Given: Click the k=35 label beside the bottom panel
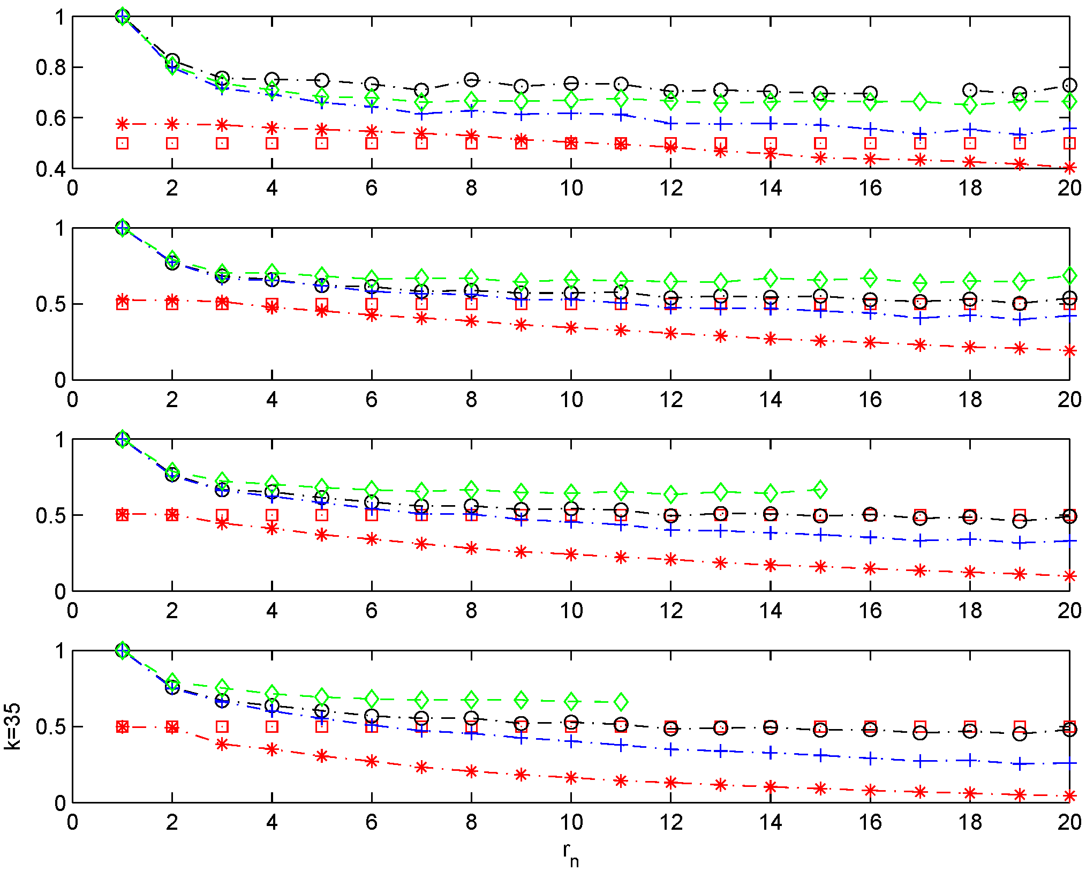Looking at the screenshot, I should coord(12,726).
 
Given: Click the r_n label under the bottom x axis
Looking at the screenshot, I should coord(571,852).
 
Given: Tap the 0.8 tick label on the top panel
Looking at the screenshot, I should coord(50,67).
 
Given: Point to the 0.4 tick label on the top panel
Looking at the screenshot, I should coord(50,169).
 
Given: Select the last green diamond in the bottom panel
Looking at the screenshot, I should coord(621,701).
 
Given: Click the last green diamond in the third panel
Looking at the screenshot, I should coord(820,489).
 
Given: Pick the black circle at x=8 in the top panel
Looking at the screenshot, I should coord(471,80).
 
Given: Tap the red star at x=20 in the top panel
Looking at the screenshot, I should coord(1069,168).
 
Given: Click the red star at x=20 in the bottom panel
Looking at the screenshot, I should coord(1069,796).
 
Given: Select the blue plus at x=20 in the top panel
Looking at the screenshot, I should coord(1069,129).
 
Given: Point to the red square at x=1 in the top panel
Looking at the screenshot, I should coord(123,143).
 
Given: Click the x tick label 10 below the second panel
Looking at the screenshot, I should coord(571,400).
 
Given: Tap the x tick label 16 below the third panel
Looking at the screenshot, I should coord(870,611).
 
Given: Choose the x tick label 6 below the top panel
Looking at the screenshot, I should coord(372,188).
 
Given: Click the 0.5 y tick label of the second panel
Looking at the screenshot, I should coord(50,304).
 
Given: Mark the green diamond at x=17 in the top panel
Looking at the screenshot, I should coord(920,102).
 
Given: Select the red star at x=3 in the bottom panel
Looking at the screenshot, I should coord(222,744).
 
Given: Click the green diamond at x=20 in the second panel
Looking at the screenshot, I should coord(1069,276).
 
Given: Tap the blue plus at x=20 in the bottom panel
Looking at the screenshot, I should coord(1069,763).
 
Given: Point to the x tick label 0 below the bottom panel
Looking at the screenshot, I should coord(72,822).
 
